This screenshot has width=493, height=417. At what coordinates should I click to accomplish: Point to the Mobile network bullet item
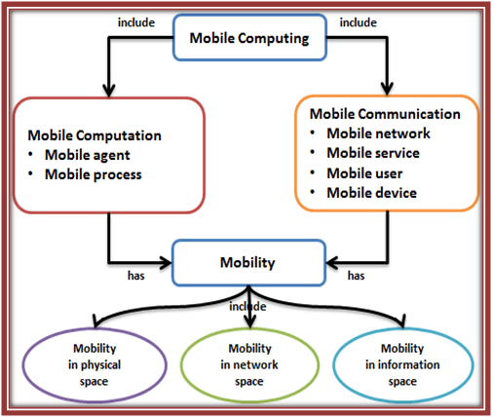pos(376,133)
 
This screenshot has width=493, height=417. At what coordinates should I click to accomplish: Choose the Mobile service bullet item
pos(374,153)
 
